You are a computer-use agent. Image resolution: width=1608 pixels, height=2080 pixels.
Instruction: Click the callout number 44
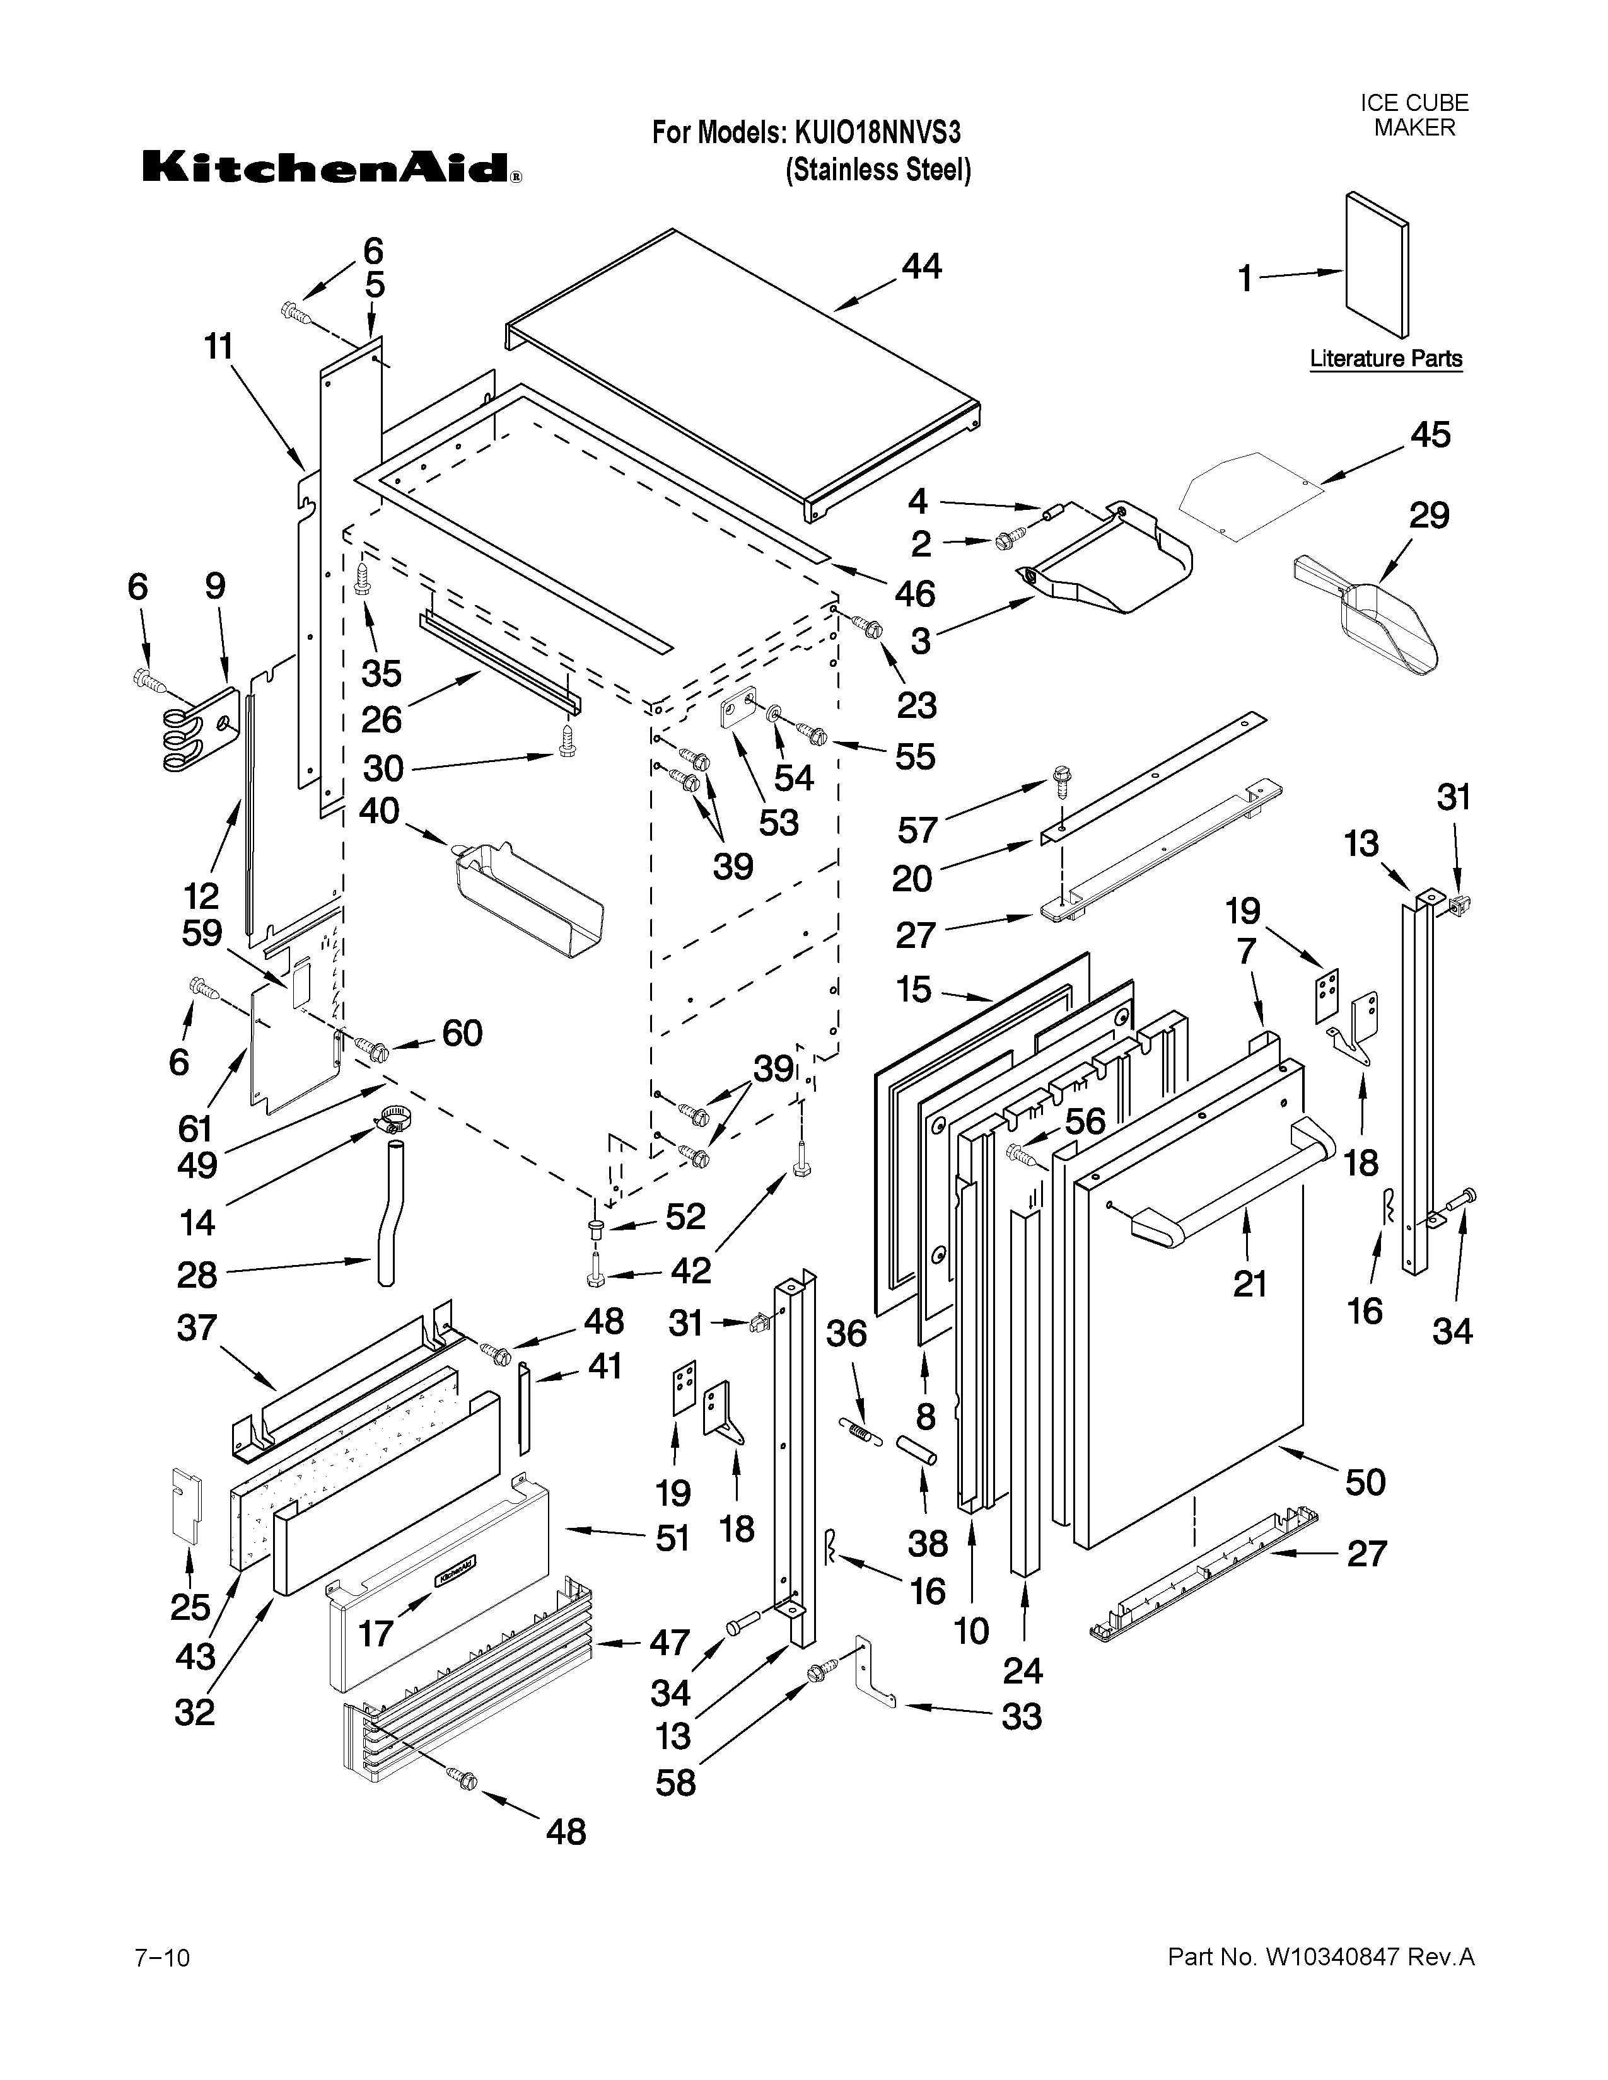point(921,267)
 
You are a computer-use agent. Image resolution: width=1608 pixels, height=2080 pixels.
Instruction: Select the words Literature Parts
point(1385,359)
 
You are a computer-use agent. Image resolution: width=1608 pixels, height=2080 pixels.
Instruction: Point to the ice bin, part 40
point(519,894)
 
